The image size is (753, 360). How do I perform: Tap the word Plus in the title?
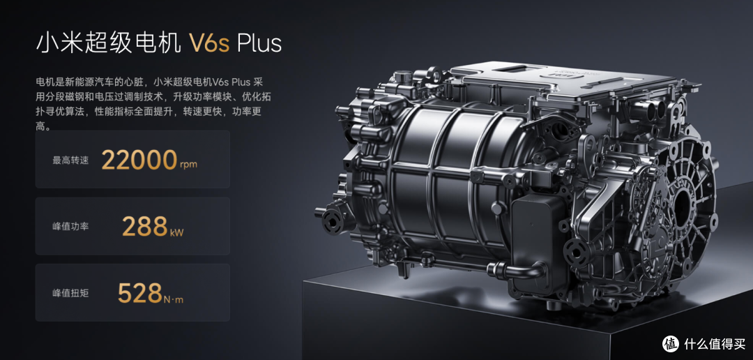(x=260, y=43)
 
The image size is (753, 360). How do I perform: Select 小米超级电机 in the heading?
(x=109, y=43)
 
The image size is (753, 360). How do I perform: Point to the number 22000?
(x=139, y=160)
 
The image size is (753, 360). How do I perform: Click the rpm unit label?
(x=188, y=165)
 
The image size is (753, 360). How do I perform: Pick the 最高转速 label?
(x=70, y=160)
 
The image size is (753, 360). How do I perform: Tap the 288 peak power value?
(x=144, y=226)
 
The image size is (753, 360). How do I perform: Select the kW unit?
(x=176, y=232)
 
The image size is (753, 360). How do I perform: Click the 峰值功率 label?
(x=70, y=226)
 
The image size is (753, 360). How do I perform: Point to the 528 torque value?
(x=139, y=293)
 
